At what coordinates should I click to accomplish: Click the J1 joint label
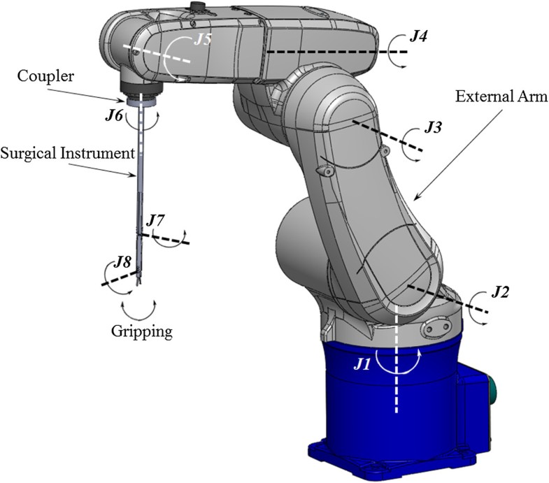click(361, 363)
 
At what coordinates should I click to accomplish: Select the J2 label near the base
click(499, 292)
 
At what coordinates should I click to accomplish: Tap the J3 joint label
click(435, 129)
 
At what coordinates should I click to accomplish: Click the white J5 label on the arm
click(203, 39)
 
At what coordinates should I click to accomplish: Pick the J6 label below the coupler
click(115, 116)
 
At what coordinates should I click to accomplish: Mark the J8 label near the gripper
click(122, 265)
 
